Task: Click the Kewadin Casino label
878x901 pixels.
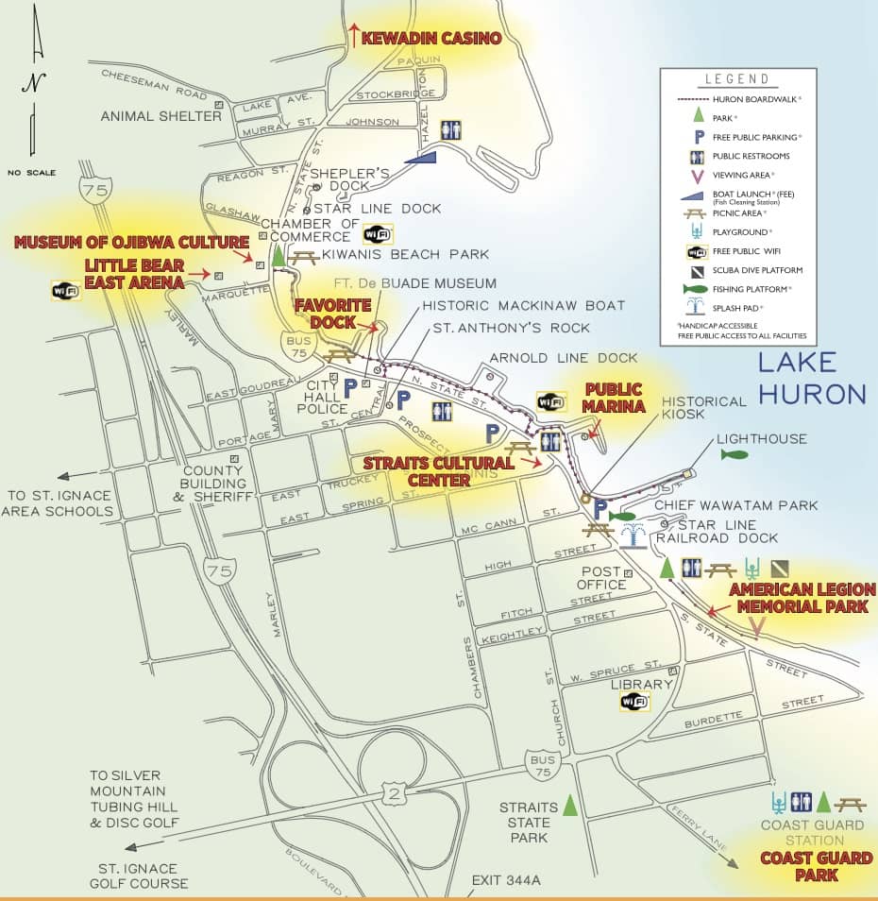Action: pos(431,39)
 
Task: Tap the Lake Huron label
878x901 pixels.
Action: pos(811,377)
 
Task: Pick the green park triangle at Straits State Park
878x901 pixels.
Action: pos(569,806)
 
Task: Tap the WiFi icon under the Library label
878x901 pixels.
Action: pos(634,701)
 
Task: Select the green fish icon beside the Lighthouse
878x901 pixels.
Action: pos(734,455)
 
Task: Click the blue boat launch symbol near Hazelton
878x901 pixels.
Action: pos(422,161)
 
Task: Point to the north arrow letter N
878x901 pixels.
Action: pos(34,82)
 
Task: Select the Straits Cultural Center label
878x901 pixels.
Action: pos(440,470)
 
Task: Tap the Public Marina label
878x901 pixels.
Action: pos(613,397)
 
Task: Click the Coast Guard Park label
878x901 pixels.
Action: pos(801,867)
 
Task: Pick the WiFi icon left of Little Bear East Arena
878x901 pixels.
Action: pos(64,290)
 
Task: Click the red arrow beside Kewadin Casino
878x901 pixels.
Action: pos(354,36)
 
